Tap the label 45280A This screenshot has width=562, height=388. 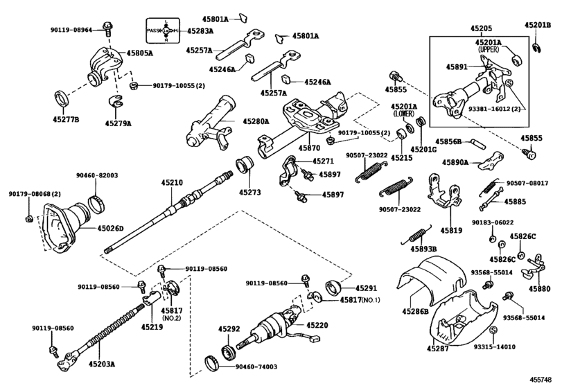(256, 121)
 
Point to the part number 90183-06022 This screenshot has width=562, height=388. (493, 222)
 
